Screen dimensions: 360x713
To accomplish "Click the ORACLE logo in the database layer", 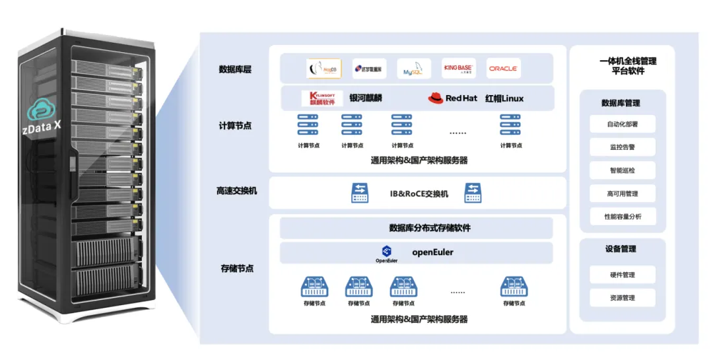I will coord(503,69).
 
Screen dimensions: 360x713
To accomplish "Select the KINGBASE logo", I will coord(459,69).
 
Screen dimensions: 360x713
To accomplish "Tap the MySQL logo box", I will coord(414,69).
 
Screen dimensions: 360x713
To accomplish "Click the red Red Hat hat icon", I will coord(435,98).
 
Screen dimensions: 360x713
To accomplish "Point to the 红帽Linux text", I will coord(504,98).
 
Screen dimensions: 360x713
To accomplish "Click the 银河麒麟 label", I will coord(366,98).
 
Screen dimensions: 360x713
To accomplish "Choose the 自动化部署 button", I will coord(623,124).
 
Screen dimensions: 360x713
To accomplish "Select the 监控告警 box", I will coord(623,147).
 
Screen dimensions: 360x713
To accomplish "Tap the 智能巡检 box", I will coord(623,170).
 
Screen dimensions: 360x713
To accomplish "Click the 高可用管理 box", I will coord(623,194).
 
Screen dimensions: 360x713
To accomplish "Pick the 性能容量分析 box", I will coord(623,217).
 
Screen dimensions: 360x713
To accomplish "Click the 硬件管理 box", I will coord(623,275).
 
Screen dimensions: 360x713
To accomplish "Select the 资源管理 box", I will coord(623,298).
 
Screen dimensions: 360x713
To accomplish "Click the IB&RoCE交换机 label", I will coord(419,194).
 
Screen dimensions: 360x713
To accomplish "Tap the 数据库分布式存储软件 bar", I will coord(417,229).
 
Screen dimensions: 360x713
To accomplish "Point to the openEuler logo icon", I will coord(387,250).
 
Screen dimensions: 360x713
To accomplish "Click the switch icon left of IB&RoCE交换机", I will coord(360,193).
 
